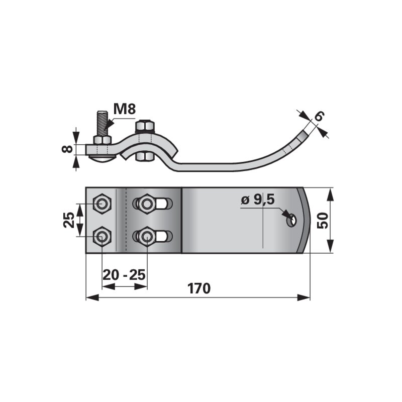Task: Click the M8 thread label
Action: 124,109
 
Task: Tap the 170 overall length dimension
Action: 199,288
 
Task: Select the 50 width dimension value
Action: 323,220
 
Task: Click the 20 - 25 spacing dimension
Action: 124,275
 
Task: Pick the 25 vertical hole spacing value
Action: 69,220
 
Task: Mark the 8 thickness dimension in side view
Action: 68,149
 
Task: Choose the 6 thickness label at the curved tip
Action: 319,116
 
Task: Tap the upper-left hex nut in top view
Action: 102,204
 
